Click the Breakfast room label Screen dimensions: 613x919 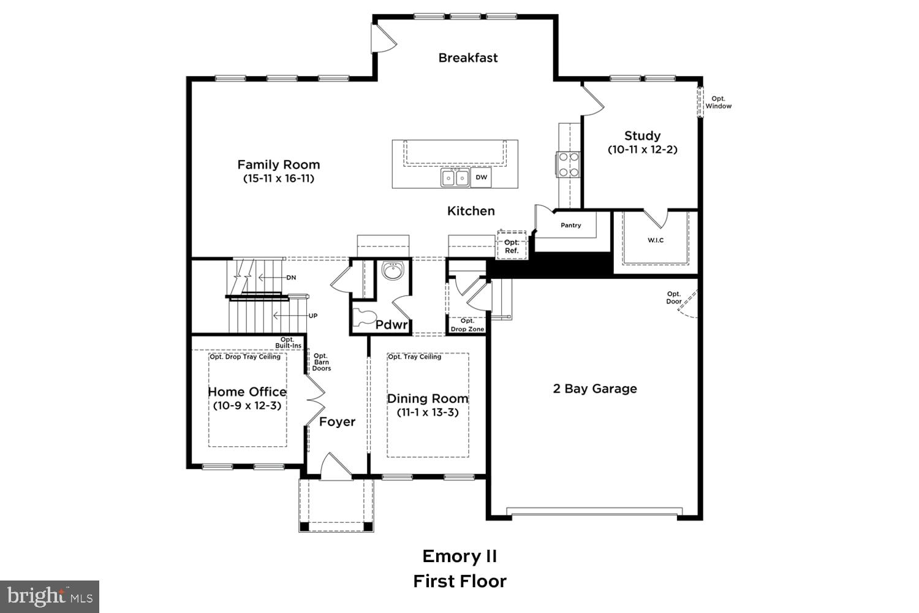468,58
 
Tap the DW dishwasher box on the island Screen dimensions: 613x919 482,178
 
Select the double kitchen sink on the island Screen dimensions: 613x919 455,178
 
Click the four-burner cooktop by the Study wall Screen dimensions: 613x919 568,164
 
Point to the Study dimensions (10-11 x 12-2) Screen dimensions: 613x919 642,150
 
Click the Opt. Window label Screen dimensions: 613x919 718,102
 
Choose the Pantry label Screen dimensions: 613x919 570,226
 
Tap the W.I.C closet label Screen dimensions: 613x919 656,240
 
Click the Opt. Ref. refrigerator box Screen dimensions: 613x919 512,246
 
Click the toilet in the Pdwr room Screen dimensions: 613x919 365,318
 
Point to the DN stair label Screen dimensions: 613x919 291,278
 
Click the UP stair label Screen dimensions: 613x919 312,316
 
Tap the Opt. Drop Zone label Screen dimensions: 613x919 467,325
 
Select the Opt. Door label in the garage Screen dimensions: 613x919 674,298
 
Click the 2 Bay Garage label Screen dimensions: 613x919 594,389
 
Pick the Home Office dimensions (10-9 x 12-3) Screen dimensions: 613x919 247,406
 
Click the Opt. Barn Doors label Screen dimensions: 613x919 321,362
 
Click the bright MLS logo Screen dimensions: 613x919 49,596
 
